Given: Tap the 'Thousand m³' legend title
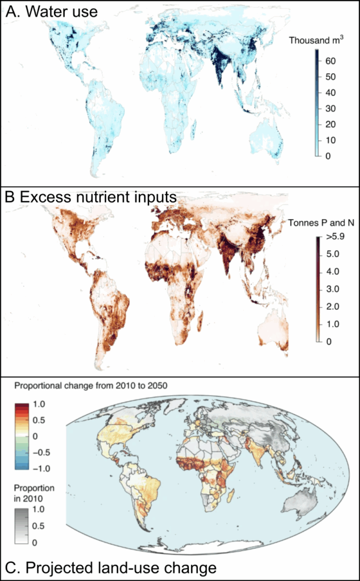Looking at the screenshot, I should (x=313, y=41).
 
